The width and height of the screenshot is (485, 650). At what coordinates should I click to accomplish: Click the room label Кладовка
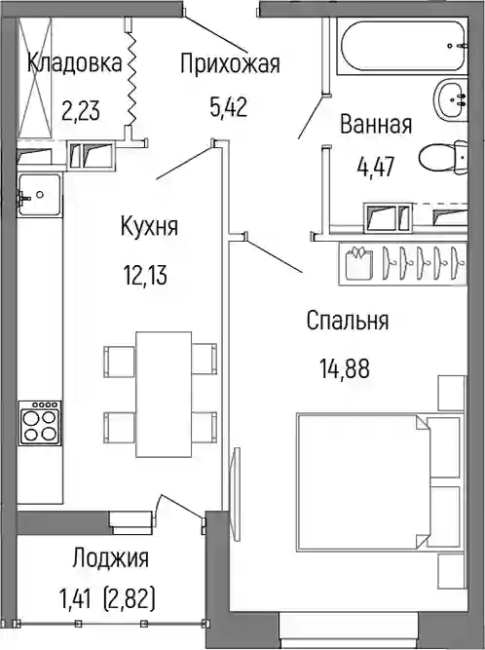75,63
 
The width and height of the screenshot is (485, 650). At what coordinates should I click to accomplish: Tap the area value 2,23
81,111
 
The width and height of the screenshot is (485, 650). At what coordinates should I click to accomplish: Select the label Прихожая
230,64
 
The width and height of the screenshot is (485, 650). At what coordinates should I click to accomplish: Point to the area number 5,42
229,107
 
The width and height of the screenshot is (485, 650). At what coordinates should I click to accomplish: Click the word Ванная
376,125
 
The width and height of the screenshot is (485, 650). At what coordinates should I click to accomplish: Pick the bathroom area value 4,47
375,168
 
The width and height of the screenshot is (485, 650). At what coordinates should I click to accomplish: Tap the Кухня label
149,226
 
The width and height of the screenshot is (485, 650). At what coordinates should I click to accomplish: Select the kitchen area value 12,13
145,275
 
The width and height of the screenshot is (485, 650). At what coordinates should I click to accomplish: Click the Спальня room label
348,321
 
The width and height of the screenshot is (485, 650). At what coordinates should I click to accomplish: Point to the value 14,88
344,368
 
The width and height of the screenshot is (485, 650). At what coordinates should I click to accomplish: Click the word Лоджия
110,557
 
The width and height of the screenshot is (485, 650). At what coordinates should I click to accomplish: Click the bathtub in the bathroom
402,46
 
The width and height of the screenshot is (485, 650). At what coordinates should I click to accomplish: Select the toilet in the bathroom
443,158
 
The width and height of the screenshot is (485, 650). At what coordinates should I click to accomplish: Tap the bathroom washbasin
451,99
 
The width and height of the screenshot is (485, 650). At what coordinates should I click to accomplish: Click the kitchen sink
39,195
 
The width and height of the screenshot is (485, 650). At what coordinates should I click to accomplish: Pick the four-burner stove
40,422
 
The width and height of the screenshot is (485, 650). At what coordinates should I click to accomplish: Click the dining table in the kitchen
164,395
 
